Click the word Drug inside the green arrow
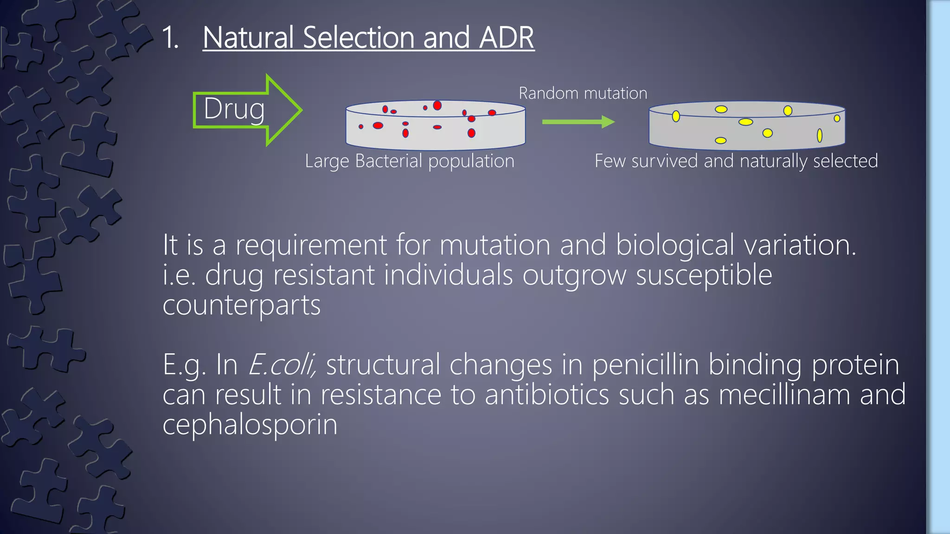pos(234,109)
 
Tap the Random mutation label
pos(583,93)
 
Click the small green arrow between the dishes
pos(578,122)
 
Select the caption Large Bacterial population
pos(410,161)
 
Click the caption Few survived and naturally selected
pos(736,161)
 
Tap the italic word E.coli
pos(282,365)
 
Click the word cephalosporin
pos(250,424)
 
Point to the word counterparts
pos(241,305)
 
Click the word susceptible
pos(704,275)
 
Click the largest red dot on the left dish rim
pos(437,105)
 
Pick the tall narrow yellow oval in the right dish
pos(820,135)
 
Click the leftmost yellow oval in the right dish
pos(676,116)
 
